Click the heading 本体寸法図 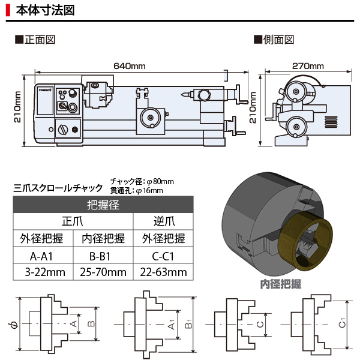[45, 10]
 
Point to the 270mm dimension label [307, 65]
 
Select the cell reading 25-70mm [103, 272]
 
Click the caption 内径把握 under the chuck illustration [280, 284]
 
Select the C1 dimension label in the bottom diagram [341, 325]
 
